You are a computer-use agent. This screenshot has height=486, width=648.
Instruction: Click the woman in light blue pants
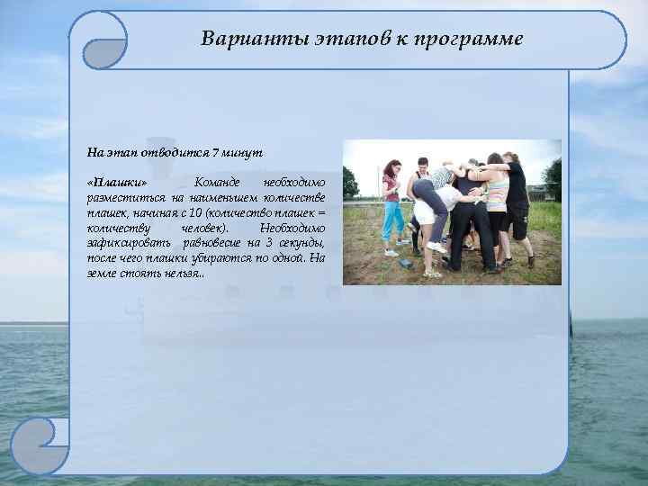(392, 208)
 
